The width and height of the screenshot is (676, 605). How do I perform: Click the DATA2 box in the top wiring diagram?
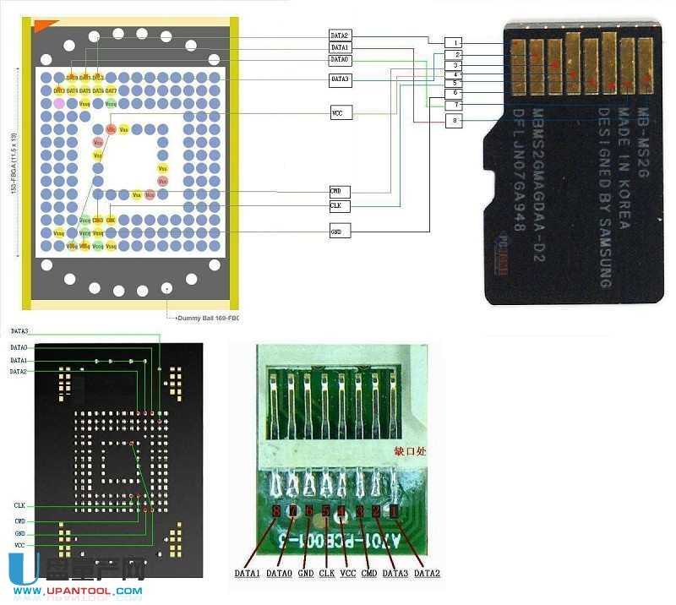pos(340,35)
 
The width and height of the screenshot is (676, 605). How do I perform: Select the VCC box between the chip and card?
pos(340,112)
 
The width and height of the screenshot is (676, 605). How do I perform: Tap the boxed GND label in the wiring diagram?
pos(340,231)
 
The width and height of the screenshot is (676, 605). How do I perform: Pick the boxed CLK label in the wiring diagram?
pos(340,205)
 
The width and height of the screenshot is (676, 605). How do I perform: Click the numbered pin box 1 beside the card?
pos(455,42)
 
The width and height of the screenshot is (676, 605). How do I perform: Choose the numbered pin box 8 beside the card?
pos(455,121)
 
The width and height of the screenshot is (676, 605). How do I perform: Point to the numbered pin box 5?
pos(455,84)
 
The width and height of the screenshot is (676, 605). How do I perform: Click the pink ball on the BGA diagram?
pos(59,102)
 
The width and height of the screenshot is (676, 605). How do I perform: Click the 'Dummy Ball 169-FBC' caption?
pos(208,319)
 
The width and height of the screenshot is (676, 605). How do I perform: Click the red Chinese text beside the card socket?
pos(410,451)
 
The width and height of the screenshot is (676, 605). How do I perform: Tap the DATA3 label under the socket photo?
pos(395,574)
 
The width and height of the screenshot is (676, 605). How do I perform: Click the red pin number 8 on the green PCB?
pos(277,512)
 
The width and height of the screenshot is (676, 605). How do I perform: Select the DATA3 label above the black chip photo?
pos(19,331)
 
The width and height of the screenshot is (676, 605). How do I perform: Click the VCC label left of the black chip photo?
pos(19,547)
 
